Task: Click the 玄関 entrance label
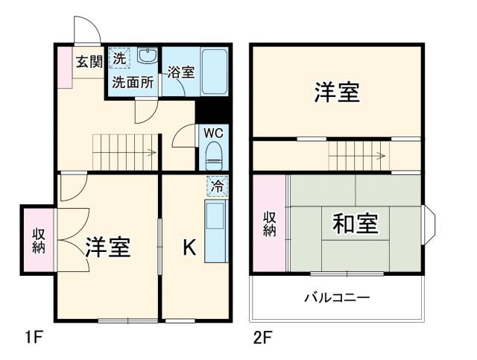point(88,62)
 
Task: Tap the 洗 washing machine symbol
point(120,57)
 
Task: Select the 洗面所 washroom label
point(133,82)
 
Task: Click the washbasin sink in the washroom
point(148,57)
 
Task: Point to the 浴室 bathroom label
point(180,72)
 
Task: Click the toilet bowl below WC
point(215,157)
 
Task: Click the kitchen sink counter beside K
point(215,232)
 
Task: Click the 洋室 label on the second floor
point(336,92)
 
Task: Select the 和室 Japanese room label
point(355,224)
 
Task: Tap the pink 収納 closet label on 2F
point(269,224)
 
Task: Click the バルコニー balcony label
point(336,297)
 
